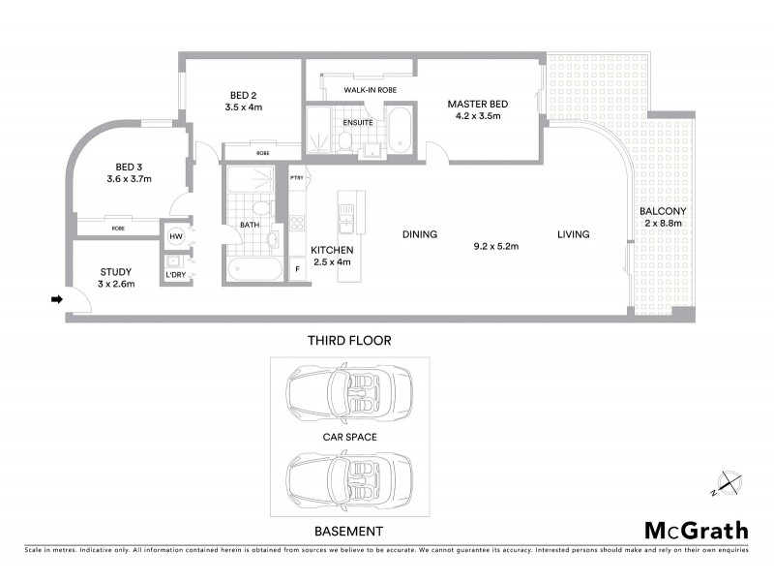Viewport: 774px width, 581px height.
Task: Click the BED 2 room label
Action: click(x=243, y=94)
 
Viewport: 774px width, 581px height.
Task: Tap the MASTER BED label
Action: click(x=477, y=104)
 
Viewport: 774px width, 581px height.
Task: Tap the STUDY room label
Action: click(x=116, y=272)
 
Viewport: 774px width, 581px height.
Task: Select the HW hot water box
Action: click(x=176, y=235)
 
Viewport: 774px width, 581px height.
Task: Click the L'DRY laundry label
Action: click(x=176, y=275)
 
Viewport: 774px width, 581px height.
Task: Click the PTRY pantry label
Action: click(x=296, y=177)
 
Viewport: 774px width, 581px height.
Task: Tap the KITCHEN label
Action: click(x=331, y=250)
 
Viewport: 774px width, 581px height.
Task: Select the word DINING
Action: click(x=421, y=234)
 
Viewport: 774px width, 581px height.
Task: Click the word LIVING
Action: click(x=572, y=234)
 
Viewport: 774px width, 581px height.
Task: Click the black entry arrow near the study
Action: click(x=57, y=300)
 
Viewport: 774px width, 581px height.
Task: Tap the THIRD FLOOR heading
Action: click(x=348, y=341)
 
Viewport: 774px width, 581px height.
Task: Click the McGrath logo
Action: click(x=696, y=530)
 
